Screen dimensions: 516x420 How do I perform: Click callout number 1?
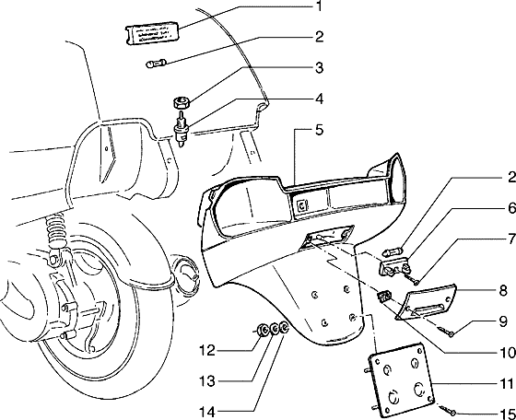(x=318, y=6)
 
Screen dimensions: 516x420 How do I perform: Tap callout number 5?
(x=319, y=130)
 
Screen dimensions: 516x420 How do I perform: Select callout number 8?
(x=503, y=291)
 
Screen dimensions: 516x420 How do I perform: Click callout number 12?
(x=207, y=350)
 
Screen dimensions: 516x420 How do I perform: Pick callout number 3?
(x=319, y=68)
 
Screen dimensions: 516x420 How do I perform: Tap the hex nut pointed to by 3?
(x=182, y=103)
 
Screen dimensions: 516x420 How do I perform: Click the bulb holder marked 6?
(x=395, y=266)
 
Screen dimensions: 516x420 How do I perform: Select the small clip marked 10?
(x=384, y=297)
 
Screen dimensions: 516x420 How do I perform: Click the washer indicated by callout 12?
(x=263, y=330)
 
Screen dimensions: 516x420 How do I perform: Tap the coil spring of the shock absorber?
(x=55, y=229)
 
